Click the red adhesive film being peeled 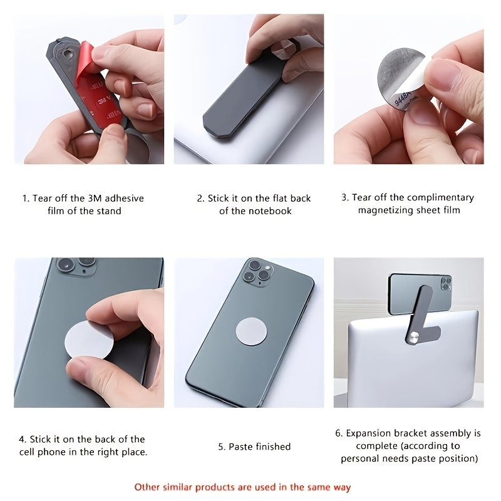(98, 93)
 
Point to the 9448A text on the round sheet (401, 99)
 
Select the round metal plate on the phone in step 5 (251, 331)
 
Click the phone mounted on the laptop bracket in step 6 (420, 294)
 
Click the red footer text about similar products (242, 487)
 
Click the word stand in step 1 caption (110, 211)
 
